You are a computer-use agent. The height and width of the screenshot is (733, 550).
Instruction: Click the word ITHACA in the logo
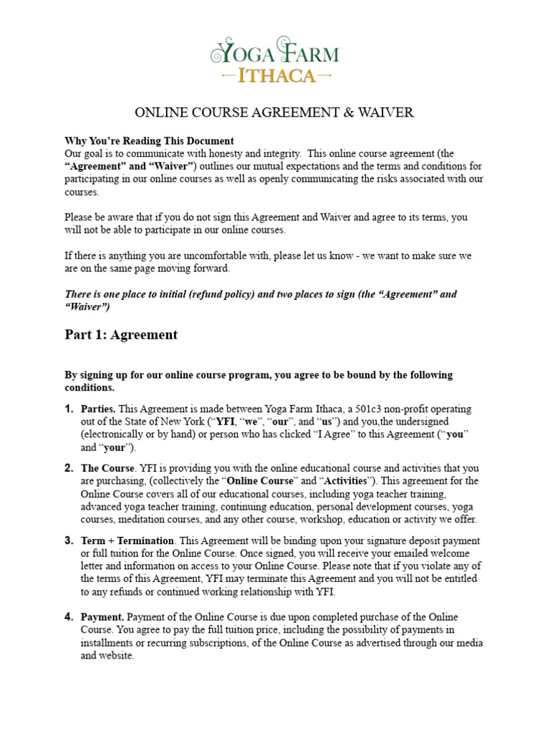[275, 74]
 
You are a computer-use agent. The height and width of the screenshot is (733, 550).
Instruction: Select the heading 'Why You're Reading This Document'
[149, 140]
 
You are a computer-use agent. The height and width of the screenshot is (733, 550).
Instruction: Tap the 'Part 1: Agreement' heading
[121, 334]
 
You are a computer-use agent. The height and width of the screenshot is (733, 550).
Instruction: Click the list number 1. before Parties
[69, 409]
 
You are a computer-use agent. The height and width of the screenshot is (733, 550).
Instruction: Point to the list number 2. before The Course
[69, 467]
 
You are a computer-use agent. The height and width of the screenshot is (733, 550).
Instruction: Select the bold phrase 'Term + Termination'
[127, 540]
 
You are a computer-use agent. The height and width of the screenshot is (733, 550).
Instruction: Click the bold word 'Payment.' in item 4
[102, 616]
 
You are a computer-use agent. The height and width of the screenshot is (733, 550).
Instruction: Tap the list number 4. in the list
[69, 616]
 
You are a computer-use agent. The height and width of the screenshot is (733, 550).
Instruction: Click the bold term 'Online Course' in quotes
[269, 480]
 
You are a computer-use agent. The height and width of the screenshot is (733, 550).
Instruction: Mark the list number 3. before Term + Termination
[69, 540]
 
